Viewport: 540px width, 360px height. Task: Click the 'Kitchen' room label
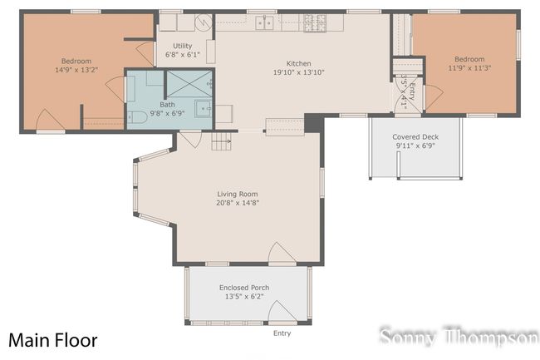[298, 64]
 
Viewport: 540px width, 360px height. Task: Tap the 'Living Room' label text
[238, 194]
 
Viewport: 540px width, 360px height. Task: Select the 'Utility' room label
[183, 46]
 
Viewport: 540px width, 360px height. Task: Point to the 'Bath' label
[168, 105]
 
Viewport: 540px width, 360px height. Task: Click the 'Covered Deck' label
[415, 137]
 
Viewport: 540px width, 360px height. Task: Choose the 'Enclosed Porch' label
[243, 288]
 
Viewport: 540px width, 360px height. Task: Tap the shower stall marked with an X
[190, 84]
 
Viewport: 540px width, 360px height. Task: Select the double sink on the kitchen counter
[266, 22]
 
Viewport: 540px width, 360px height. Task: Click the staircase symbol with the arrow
[221, 143]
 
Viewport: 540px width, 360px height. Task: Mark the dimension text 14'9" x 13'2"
[76, 70]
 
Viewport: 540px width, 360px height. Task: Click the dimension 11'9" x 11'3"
[469, 69]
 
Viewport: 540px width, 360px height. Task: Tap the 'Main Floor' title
[53, 340]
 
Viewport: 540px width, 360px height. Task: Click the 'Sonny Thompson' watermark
[459, 337]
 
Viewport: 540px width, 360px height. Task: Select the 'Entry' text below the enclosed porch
[282, 333]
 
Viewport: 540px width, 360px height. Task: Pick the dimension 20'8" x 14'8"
[238, 203]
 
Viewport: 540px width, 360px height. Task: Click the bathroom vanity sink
[203, 108]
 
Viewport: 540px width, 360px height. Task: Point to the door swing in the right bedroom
[434, 95]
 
